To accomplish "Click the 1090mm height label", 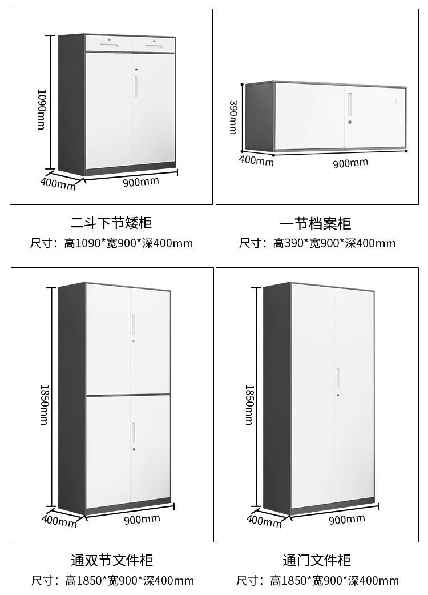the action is click(41, 108).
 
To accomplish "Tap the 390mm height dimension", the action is click(233, 117).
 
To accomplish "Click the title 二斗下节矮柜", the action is click(111, 222).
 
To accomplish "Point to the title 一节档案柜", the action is click(316, 223).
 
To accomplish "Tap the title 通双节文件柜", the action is click(111, 560).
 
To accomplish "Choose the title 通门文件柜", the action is click(316, 560).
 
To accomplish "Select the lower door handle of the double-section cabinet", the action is click(134, 432).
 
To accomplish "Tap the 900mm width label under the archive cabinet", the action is click(350, 163).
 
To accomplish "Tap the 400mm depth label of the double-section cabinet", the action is click(59, 521).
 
